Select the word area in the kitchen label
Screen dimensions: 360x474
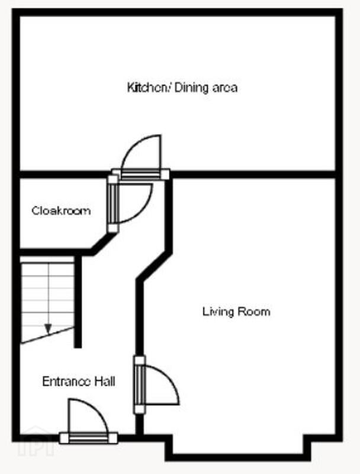point(225,88)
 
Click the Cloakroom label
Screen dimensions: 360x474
point(62,211)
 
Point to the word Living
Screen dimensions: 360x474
point(218,312)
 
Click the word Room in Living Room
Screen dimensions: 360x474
point(254,312)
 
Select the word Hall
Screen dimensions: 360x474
point(105,382)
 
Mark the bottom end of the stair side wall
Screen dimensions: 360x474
point(78,348)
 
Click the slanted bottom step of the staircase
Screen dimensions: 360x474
point(47,335)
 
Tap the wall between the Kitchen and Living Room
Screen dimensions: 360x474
point(253,174)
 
